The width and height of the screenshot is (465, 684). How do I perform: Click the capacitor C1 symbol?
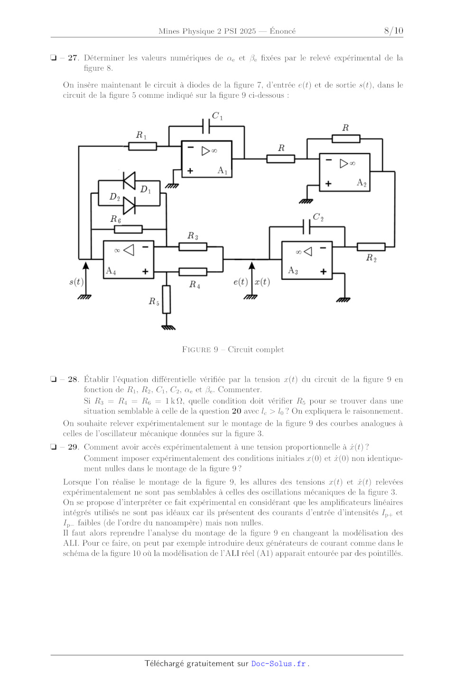point(206,126)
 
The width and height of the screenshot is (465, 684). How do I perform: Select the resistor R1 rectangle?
point(142,146)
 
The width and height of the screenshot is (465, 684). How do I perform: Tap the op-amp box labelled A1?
point(207,159)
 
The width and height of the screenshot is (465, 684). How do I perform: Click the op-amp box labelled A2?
point(344,172)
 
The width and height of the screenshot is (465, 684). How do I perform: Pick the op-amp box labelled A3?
point(307,260)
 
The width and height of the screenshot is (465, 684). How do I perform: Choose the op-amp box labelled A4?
point(128,259)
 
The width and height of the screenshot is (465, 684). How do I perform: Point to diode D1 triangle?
point(129,181)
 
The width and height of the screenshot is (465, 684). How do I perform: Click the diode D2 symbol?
point(129,206)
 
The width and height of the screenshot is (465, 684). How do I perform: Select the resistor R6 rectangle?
point(128,229)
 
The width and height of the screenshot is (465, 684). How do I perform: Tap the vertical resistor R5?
point(167,299)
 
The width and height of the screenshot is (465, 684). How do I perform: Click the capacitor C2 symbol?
point(307,226)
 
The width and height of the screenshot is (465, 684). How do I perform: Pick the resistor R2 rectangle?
point(371,247)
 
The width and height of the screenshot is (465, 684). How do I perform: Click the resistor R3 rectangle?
point(193,247)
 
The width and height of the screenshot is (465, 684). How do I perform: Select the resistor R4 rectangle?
point(193,272)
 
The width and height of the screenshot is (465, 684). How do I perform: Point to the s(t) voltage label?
point(76,281)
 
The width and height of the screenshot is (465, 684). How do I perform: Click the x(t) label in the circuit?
point(262,281)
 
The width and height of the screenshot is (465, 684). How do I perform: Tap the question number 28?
point(73,379)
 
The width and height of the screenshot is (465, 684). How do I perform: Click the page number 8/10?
point(393,30)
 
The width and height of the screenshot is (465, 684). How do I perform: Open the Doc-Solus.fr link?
point(279,664)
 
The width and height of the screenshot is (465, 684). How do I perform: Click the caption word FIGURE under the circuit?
point(196,349)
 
